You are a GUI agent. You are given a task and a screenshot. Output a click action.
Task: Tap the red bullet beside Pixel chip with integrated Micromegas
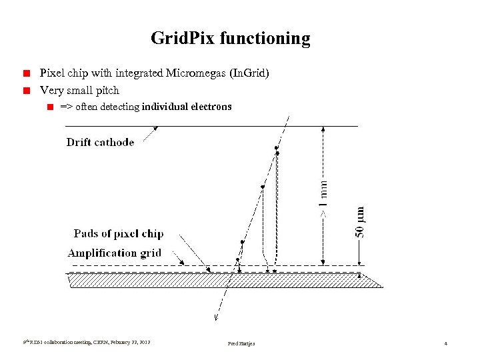tap(27, 73)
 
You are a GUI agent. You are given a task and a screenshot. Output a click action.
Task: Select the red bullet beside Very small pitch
tap(27, 90)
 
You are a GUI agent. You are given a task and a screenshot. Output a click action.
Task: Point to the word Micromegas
tap(193, 73)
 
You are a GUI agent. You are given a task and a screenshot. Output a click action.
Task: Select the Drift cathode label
tap(100, 142)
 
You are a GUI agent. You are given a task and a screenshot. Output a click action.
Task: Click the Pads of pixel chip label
tap(118, 234)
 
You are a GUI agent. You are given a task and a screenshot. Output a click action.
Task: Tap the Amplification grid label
tap(114, 253)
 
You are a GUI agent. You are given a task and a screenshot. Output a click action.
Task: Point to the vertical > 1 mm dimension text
tap(323, 197)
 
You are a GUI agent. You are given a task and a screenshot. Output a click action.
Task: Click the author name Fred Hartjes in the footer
tap(241, 343)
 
